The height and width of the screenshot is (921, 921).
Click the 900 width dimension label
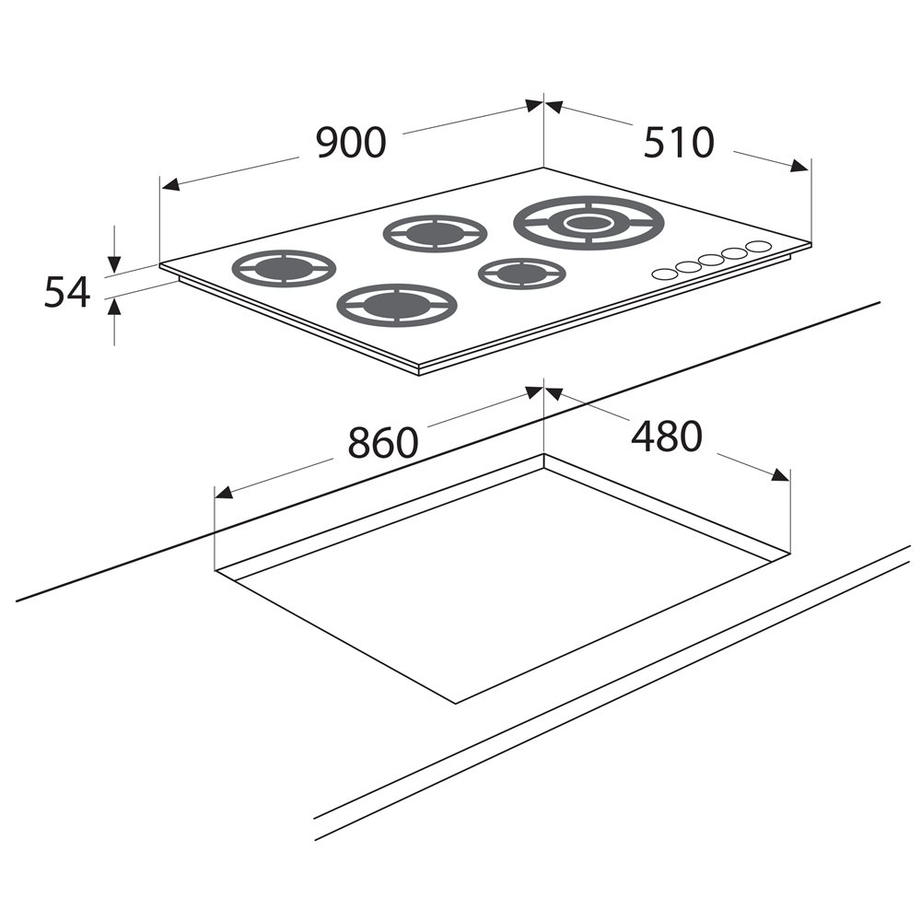[351, 142]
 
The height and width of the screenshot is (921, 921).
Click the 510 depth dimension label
[679, 142]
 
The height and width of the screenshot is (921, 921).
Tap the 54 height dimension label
[67, 293]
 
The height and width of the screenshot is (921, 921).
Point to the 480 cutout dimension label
[667, 436]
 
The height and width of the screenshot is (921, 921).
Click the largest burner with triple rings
[589, 223]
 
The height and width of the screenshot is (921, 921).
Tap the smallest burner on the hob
[521, 274]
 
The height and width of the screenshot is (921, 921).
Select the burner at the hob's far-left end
[285, 268]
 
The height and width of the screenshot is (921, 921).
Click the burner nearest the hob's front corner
[397, 305]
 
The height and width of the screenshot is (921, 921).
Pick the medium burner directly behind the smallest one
[435, 233]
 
